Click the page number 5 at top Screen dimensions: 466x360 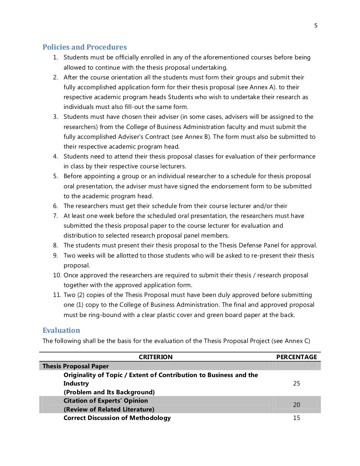click(x=316, y=25)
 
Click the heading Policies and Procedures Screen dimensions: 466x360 click(x=84, y=47)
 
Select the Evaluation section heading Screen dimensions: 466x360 click(x=61, y=330)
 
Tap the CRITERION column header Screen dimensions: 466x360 click(x=155, y=357)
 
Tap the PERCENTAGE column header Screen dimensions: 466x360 click(x=296, y=357)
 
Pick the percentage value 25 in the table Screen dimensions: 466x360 click(x=296, y=383)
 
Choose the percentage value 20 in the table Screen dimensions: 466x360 click(x=296, y=405)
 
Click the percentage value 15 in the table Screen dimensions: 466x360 click(x=296, y=418)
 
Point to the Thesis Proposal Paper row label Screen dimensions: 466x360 click(x=76, y=366)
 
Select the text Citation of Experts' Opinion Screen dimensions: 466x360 click(x=105, y=401)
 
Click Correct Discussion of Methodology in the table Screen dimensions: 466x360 click(x=117, y=418)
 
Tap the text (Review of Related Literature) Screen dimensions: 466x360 click(x=109, y=409)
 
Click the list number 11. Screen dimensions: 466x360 click(x=57, y=295)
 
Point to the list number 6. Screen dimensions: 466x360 click(x=56, y=206)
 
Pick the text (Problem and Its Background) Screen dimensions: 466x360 click(x=109, y=392)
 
